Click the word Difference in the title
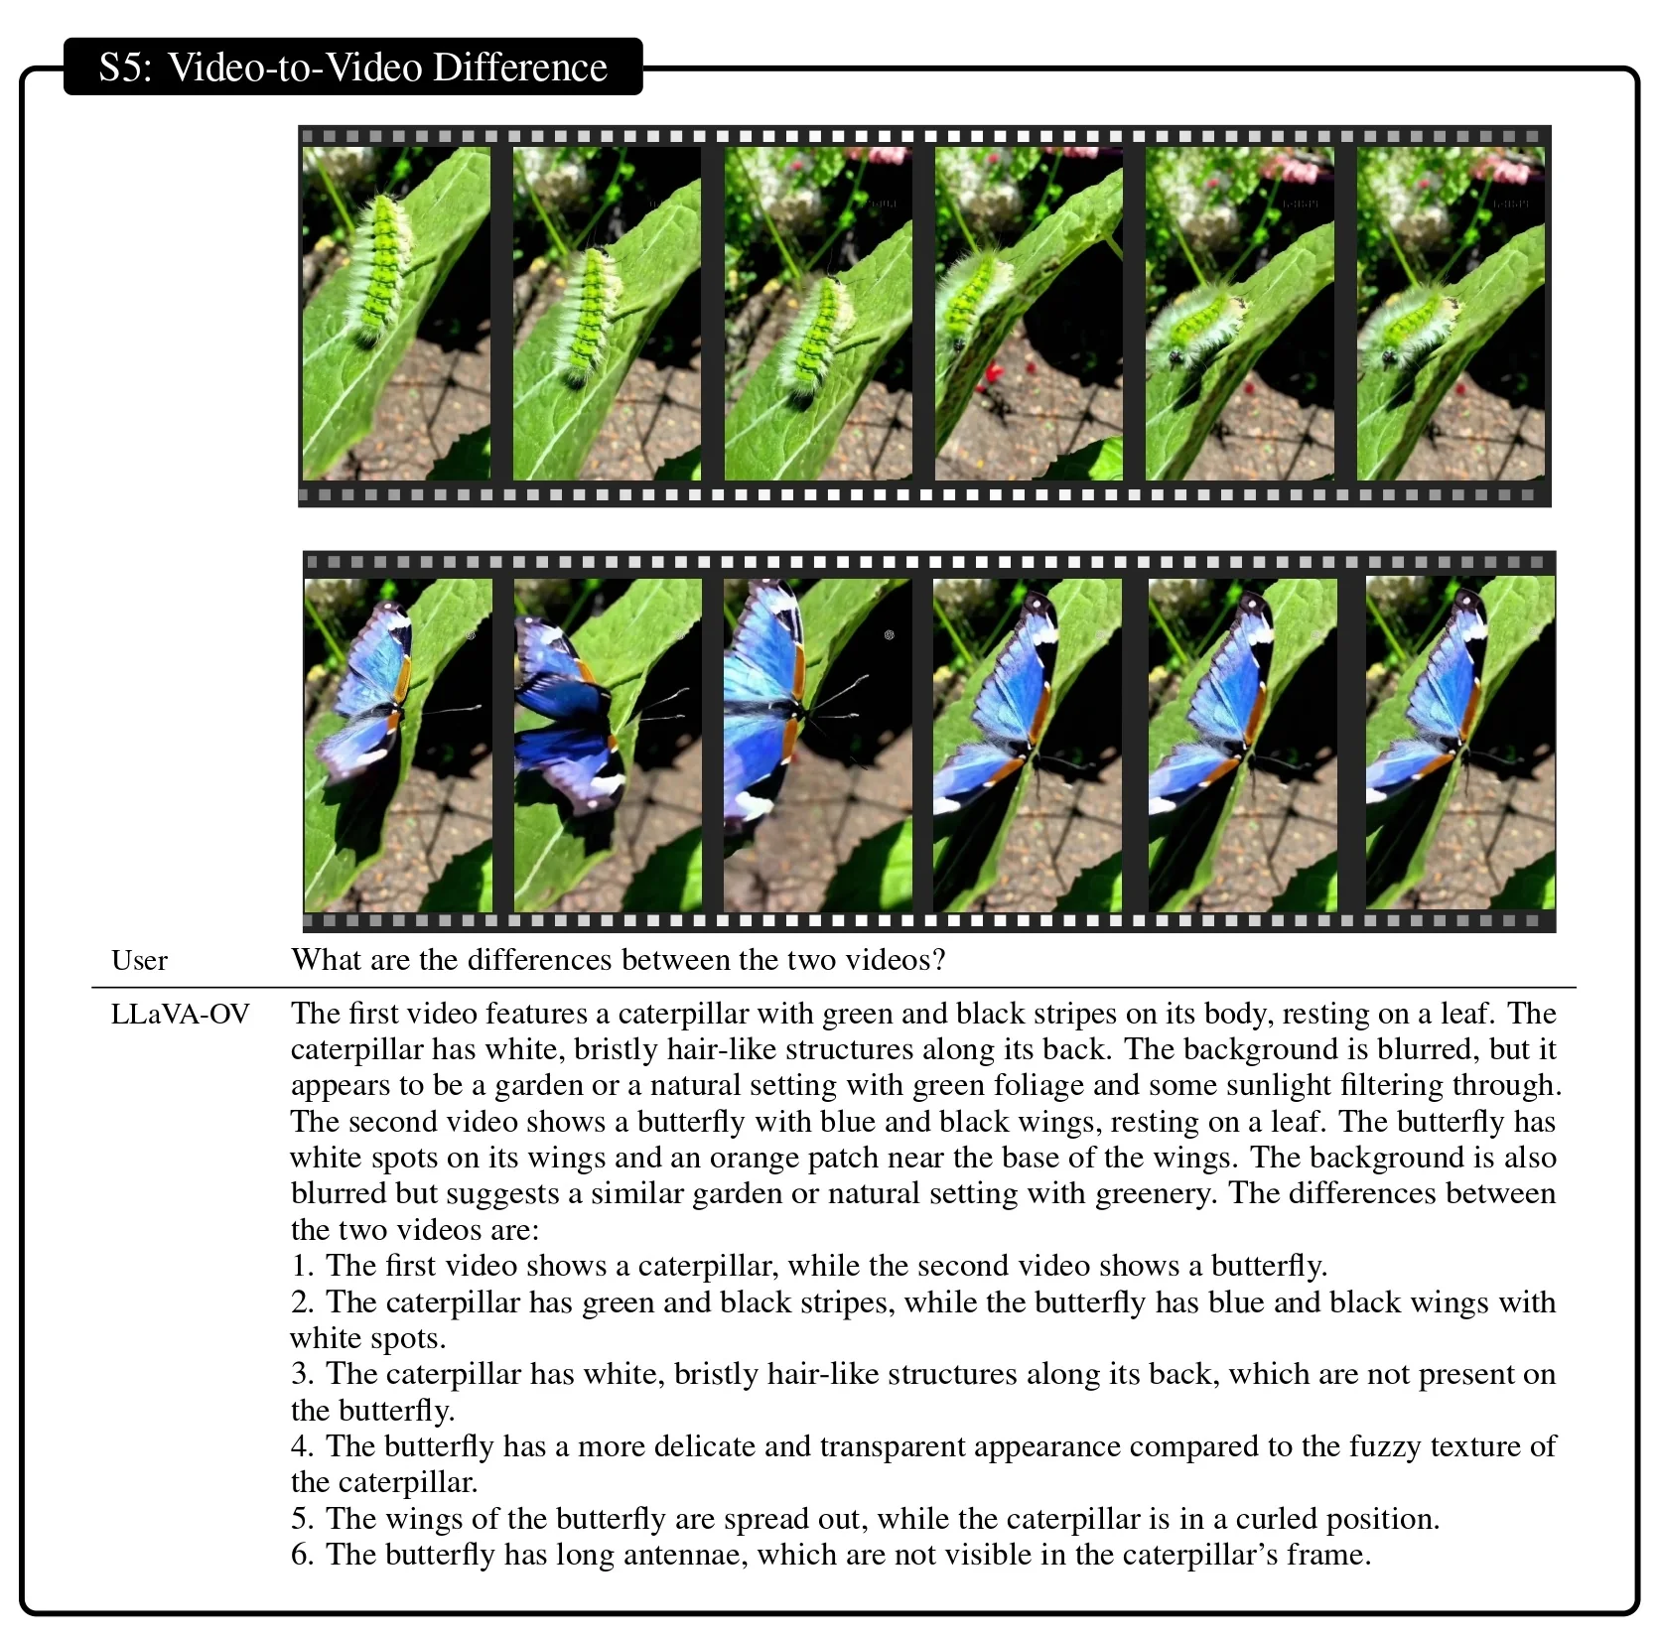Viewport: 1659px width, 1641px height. (519, 68)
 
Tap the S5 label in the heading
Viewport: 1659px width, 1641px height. (125, 68)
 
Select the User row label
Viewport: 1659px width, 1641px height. (139, 960)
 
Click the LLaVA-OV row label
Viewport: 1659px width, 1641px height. (180, 1014)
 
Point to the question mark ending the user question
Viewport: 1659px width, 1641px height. (938, 959)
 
